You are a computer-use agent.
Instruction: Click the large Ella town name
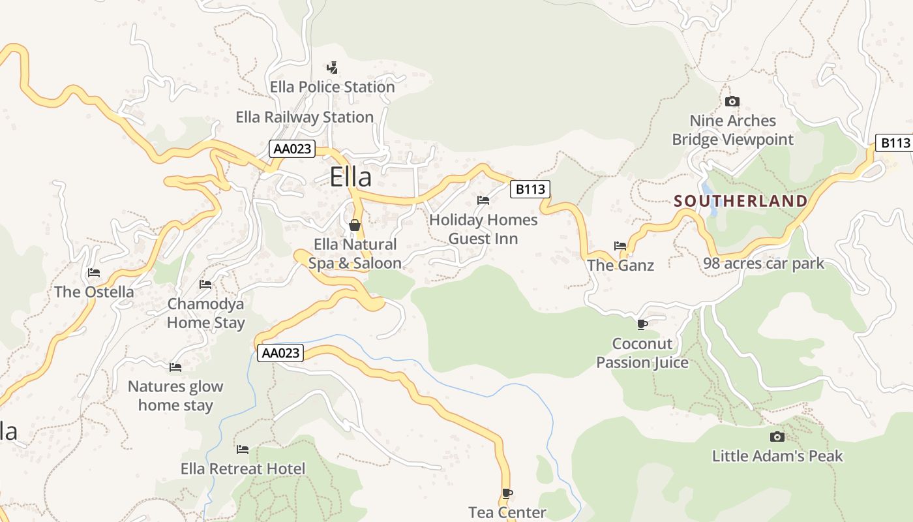(x=350, y=177)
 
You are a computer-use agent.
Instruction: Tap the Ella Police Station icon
(x=332, y=67)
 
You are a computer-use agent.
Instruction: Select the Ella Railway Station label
(x=305, y=117)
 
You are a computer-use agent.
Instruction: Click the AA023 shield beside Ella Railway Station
(x=292, y=149)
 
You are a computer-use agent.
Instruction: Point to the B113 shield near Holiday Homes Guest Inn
(x=530, y=189)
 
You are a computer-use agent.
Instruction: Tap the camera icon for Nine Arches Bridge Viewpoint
(x=732, y=101)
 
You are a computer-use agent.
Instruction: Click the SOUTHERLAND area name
(x=741, y=201)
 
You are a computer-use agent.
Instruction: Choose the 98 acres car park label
(x=764, y=264)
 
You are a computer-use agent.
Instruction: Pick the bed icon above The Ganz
(x=620, y=246)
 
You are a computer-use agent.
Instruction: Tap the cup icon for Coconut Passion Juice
(x=642, y=324)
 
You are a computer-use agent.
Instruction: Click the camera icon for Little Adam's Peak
(x=777, y=437)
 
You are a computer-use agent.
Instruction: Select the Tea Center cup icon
(x=507, y=493)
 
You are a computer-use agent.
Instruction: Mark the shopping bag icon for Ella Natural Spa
(x=355, y=225)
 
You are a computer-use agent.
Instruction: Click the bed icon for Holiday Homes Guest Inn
(x=483, y=200)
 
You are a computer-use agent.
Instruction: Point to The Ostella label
(x=94, y=292)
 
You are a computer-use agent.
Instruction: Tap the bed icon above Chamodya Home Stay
(x=205, y=284)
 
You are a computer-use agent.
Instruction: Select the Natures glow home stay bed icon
(x=175, y=367)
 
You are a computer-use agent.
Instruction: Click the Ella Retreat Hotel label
(x=243, y=468)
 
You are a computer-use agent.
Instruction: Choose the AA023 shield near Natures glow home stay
(x=280, y=353)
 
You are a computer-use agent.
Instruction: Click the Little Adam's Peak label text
(x=777, y=455)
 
